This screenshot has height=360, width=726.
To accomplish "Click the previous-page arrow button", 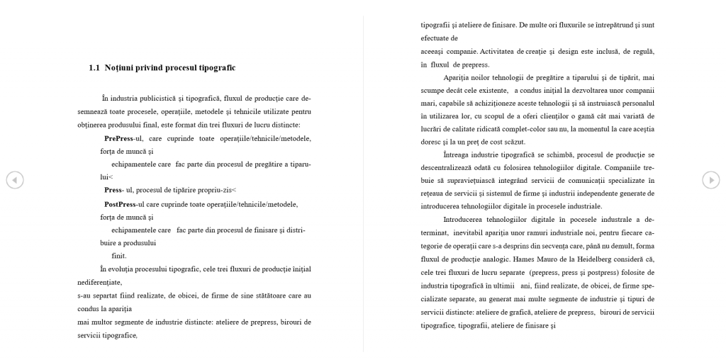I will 14,180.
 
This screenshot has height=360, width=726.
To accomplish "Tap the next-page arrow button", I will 710,180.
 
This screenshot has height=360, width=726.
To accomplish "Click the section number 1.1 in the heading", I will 94,68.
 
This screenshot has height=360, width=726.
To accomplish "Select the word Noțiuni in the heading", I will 119,68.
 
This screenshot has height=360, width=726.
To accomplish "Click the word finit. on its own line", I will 119,256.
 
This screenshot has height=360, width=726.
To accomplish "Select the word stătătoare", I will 263,295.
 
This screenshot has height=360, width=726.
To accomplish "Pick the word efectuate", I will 435,38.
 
